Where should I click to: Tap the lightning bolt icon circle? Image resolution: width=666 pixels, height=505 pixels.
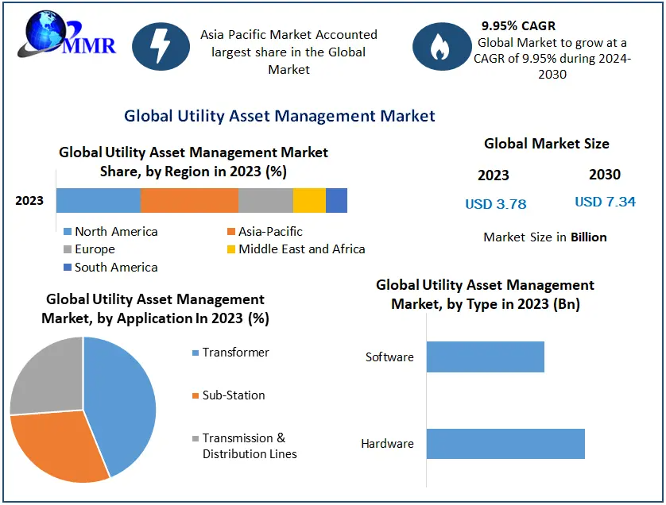[161, 47]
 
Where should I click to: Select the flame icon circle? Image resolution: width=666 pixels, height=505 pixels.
[439, 47]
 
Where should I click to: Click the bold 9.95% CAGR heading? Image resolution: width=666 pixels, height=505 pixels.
[519, 26]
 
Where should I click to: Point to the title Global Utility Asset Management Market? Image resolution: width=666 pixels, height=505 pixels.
[280, 116]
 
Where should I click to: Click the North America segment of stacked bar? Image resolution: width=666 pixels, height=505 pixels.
[99, 201]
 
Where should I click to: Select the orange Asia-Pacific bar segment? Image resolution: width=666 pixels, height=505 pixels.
[189, 201]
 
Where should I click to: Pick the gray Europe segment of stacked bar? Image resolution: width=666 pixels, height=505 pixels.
[265, 201]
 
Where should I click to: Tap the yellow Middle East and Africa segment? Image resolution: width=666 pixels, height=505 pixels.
[309, 201]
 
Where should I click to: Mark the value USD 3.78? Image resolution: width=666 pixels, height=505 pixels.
[496, 204]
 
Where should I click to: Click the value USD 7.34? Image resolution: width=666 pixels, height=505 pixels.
[605, 202]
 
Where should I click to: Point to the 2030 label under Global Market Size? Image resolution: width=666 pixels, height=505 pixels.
[605, 175]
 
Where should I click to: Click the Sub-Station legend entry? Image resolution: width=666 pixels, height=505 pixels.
[233, 395]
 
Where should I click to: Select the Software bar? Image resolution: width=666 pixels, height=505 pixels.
[485, 357]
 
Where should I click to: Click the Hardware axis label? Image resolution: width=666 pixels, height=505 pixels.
[387, 444]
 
